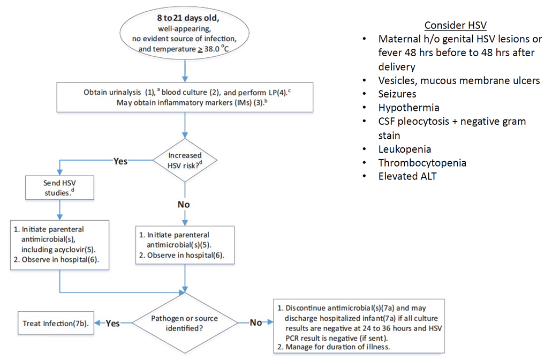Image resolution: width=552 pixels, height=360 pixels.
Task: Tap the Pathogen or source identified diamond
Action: point(185,322)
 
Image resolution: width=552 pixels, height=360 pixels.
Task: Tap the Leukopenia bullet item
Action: point(405,149)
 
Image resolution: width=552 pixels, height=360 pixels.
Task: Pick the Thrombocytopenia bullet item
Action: point(422,163)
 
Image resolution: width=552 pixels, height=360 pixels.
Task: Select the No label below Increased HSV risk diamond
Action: point(184,204)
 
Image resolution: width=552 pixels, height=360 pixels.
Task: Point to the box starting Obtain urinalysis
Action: point(185,98)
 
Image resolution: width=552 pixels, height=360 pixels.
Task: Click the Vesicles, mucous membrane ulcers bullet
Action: point(459,80)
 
